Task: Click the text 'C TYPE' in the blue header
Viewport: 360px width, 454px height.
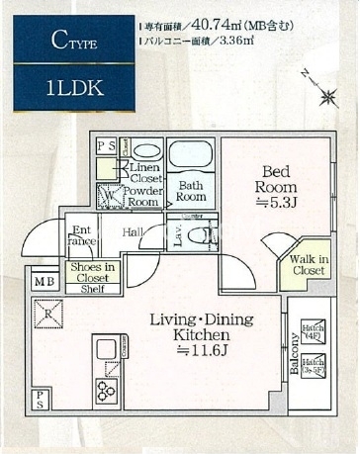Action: click(66, 41)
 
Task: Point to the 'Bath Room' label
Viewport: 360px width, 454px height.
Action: click(190, 189)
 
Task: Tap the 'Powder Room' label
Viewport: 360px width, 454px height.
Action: click(144, 195)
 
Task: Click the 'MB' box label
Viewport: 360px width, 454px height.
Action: click(45, 282)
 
